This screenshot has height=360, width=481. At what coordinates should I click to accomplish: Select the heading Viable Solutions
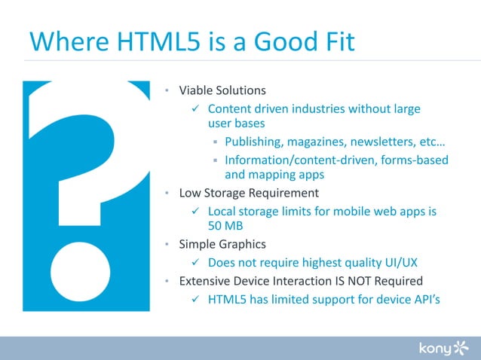222,90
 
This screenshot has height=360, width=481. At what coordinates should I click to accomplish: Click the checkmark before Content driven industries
195,109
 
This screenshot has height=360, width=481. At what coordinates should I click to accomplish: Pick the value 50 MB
224,224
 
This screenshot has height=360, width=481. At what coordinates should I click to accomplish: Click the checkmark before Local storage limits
195,212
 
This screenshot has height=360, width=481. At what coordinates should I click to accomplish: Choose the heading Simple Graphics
222,244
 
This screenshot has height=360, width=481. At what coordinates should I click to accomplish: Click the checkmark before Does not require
195,262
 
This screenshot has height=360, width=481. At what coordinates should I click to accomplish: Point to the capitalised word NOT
353,281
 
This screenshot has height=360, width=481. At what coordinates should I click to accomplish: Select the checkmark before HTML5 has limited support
195,300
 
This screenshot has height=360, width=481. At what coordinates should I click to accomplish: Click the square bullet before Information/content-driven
215,160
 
